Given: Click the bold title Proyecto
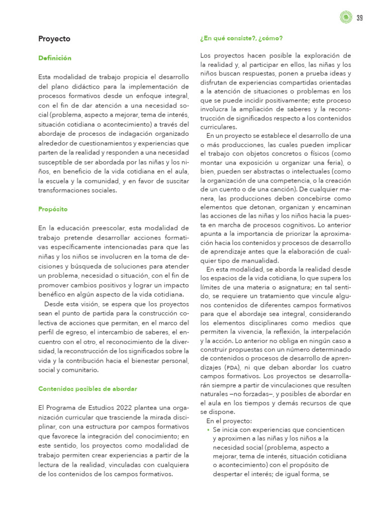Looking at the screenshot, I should coord(54,39).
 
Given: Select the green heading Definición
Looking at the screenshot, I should coord(55,58).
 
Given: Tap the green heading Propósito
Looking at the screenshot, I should coord(53,209).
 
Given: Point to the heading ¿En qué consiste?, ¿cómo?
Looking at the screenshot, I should coord(241,38).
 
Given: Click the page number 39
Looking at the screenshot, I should coord(359,19).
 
